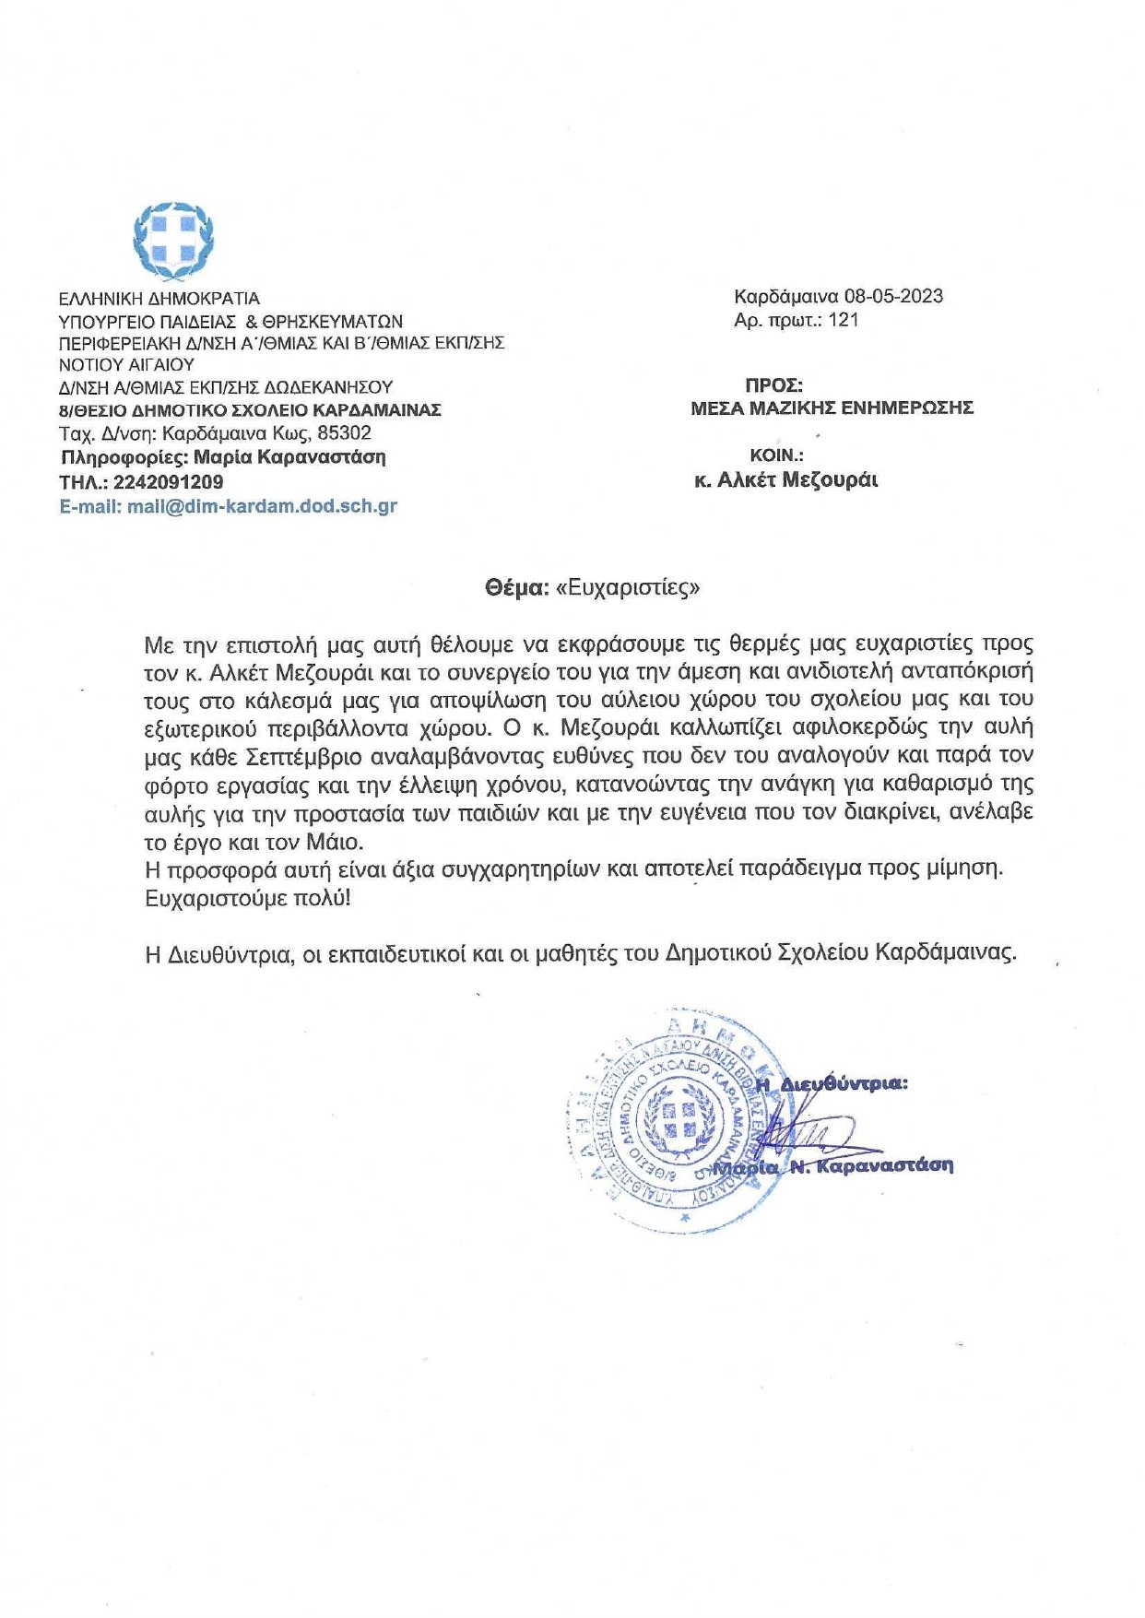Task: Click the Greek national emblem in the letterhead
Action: click(173, 241)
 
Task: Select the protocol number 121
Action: click(844, 320)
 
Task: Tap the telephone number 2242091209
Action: click(168, 481)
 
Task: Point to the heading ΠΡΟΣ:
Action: click(773, 385)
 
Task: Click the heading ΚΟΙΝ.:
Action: click(776, 455)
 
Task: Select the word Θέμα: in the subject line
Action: click(517, 587)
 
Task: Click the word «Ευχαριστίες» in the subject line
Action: click(628, 587)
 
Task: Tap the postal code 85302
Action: click(344, 433)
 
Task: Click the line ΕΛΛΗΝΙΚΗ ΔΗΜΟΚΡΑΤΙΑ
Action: click(159, 299)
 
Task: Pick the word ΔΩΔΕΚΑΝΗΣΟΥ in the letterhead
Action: click(330, 387)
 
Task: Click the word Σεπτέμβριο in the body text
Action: click(306, 756)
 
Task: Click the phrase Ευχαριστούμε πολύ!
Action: click(248, 897)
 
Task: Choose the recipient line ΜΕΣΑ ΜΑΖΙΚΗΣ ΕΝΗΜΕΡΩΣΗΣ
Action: click(832, 408)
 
